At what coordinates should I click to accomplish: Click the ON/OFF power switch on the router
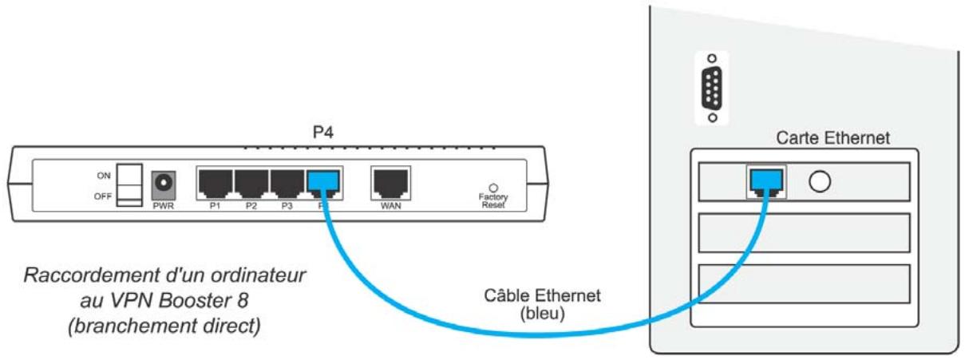pos(128,185)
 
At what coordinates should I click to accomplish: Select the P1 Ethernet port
pos(215,184)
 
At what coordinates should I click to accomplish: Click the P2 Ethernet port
pos(251,184)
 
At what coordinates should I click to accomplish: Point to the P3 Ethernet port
pos(287,184)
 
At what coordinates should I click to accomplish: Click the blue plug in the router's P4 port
pos(324,185)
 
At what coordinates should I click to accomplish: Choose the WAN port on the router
pos(390,184)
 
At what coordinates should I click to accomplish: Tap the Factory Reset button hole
pos(492,184)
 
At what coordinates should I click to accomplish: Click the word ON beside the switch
pos(102,175)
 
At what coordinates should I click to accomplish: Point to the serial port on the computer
pos(711,88)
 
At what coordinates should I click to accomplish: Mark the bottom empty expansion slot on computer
pos(804,283)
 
